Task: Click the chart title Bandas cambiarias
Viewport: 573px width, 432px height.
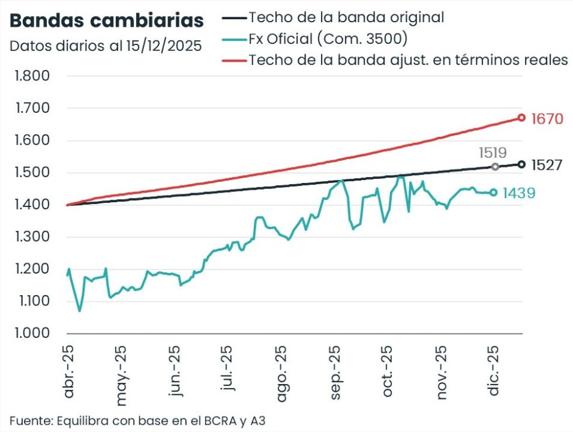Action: pos(107,21)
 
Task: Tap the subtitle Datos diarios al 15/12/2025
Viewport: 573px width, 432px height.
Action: pos(105,46)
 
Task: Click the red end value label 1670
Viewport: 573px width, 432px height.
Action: pos(547,119)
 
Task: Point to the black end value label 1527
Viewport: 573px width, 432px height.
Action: pos(547,165)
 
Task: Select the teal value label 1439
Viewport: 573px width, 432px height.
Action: pos(518,193)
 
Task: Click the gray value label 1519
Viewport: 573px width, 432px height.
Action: pos(493,153)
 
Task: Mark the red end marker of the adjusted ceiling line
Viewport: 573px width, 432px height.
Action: pos(521,118)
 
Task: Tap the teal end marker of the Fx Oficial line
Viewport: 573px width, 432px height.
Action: pos(494,193)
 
